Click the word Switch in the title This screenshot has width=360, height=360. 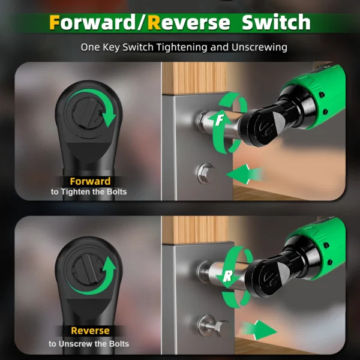point(276,22)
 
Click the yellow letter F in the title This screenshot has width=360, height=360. point(55,22)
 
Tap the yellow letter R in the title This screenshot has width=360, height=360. point(154,22)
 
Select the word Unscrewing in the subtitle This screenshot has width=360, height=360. point(259,47)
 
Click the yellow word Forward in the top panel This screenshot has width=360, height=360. point(90,181)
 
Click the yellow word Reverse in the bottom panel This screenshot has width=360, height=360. point(90,331)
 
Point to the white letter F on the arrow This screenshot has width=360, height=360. point(220,119)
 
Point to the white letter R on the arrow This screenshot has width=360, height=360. point(228,276)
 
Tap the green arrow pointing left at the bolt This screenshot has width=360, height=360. point(244,174)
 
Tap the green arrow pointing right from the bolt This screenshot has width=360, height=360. point(259,330)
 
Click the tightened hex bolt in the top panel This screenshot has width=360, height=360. point(206,173)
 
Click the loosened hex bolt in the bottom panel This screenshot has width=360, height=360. point(214,326)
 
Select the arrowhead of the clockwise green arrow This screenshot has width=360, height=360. point(109,119)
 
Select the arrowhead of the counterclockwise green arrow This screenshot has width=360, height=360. point(109,265)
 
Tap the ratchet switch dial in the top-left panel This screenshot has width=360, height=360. point(87,113)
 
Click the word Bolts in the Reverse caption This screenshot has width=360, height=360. point(119,344)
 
